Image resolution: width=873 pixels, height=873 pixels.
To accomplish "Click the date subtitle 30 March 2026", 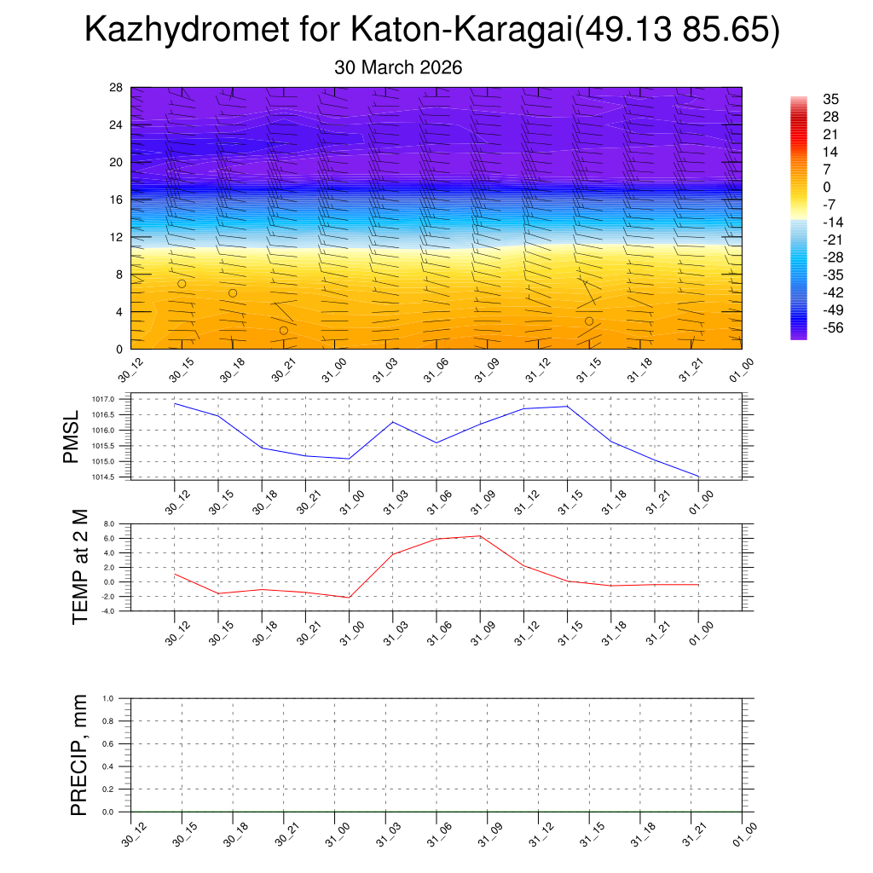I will click(398, 68).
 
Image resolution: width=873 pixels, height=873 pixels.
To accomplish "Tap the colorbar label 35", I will click(831, 99).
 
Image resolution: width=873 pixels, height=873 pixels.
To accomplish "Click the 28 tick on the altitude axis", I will click(117, 88).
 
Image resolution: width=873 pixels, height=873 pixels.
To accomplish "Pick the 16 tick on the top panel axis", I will click(117, 199).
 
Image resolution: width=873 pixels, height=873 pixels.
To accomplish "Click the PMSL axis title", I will click(71, 436).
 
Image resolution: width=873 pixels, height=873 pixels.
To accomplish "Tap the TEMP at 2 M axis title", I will click(80, 566).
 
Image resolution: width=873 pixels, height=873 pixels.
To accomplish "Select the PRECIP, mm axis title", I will click(79, 755).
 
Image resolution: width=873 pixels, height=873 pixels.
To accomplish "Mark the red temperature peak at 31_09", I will click(480, 536).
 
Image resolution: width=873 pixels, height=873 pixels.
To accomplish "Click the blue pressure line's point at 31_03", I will click(393, 422).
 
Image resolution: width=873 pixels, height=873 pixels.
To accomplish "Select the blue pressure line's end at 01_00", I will click(698, 476).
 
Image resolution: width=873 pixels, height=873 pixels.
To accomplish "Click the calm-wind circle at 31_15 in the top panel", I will click(589, 321).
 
